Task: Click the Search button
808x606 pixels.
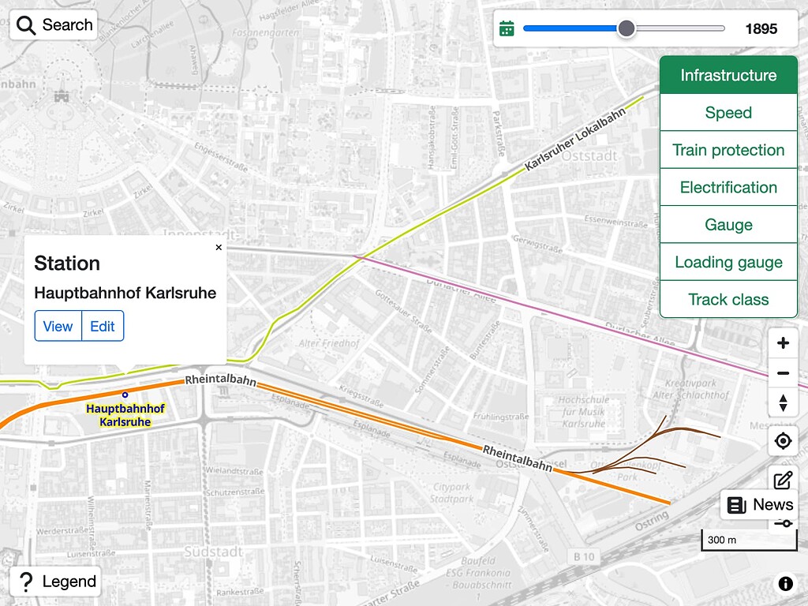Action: [54, 25]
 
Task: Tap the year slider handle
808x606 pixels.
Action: [626, 28]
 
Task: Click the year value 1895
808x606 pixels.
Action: [761, 29]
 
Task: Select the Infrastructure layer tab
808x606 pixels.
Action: [728, 76]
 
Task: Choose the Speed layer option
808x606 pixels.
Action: [728, 113]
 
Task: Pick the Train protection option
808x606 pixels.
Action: [728, 150]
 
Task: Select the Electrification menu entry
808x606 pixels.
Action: [728, 187]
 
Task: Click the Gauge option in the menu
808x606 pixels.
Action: [728, 225]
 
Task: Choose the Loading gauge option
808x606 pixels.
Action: [728, 262]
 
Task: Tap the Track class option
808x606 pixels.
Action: [728, 299]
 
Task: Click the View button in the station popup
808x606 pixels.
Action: [58, 326]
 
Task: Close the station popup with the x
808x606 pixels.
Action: [219, 247]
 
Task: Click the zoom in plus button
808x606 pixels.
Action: [783, 343]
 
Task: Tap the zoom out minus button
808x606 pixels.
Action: [783, 373]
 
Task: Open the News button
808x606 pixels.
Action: [759, 505]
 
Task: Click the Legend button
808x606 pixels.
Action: [55, 582]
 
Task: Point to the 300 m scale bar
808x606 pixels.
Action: [749, 541]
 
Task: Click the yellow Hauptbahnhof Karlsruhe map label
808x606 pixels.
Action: [125, 415]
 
